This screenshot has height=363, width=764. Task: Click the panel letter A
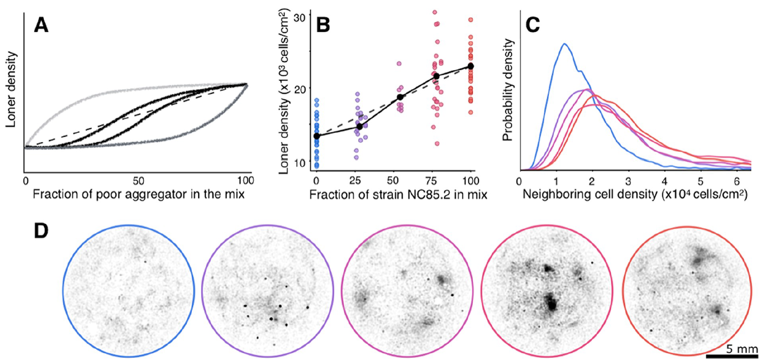tap(41, 25)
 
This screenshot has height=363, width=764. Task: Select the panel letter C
tap(533, 25)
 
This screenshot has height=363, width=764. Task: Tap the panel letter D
tap(41, 231)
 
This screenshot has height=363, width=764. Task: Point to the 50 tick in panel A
tap(138, 180)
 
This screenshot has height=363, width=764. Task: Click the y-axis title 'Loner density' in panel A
tap(11, 90)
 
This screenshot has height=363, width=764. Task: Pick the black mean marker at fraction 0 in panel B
tap(317, 136)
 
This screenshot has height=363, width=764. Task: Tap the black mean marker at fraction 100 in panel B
tap(470, 66)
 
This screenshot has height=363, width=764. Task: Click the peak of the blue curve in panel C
tap(565, 44)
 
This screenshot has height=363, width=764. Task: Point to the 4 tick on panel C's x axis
tap(664, 181)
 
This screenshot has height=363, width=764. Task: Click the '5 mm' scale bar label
tap(742, 349)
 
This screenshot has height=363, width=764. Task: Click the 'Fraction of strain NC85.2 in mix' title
tap(398, 195)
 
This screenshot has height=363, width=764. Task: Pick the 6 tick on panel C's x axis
tap(737, 181)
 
